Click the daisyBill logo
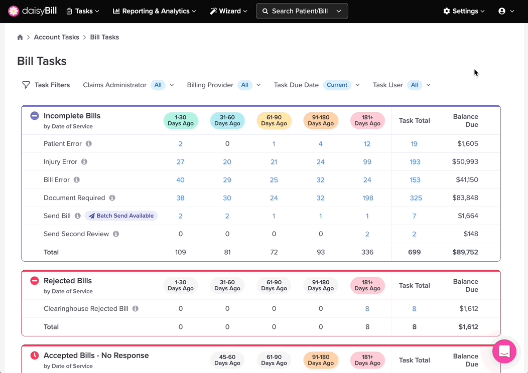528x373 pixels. (x=33, y=11)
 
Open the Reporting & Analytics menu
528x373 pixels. (x=155, y=11)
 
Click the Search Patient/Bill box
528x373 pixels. (x=302, y=11)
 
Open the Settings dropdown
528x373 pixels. (x=464, y=11)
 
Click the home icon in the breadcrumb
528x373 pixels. (x=20, y=37)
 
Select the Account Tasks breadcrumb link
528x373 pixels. (x=56, y=37)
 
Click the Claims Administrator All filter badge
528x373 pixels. (x=158, y=85)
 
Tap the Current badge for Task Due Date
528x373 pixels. (x=337, y=85)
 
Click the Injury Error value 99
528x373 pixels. (x=367, y=162)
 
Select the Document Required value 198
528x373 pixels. (x=367, y=198)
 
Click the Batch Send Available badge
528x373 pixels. (x=121, y=216)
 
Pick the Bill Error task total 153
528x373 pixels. (x=415, y=180)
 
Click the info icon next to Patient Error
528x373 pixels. (x=89, y=144)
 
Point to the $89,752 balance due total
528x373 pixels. (x=465, y=252)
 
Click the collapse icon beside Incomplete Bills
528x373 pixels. (x=35, y=116)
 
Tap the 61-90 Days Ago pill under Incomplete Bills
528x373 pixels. (x=274, y=120)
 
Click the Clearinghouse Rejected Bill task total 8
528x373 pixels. (x=414, y=309)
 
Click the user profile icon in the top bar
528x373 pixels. (x=502, y=11)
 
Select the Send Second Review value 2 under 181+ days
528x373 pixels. (x=367, y=234)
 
